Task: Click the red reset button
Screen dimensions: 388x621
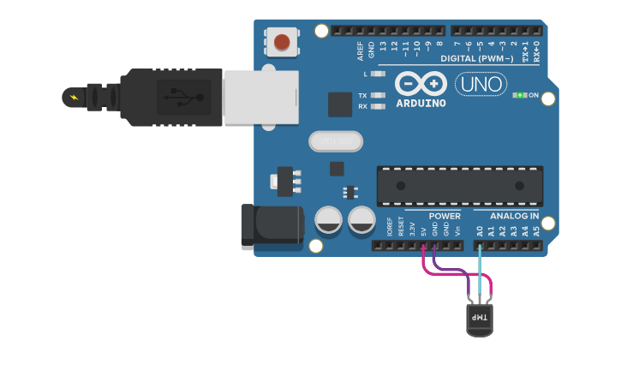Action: [282, 41]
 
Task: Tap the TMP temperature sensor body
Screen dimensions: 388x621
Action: [480, 319]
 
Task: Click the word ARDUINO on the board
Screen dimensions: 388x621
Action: [421, 104]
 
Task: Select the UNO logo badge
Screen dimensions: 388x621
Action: [481, 84]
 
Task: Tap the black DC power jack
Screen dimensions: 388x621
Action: [272, 227]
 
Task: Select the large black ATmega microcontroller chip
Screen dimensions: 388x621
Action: [459, 186]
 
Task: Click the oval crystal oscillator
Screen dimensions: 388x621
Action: [336, 140]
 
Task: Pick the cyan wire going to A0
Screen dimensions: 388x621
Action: [480, 270]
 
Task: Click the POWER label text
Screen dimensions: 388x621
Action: [445, 216]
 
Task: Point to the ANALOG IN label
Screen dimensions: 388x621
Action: [514, 216]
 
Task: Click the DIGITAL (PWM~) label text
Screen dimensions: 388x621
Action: [477, 58]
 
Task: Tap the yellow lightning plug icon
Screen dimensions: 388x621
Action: [74, 97]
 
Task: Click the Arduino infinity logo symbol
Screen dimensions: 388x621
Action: [421, 84]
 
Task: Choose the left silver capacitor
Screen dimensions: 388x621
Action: [329, 220]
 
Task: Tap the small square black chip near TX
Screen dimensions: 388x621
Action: [340, 104]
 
